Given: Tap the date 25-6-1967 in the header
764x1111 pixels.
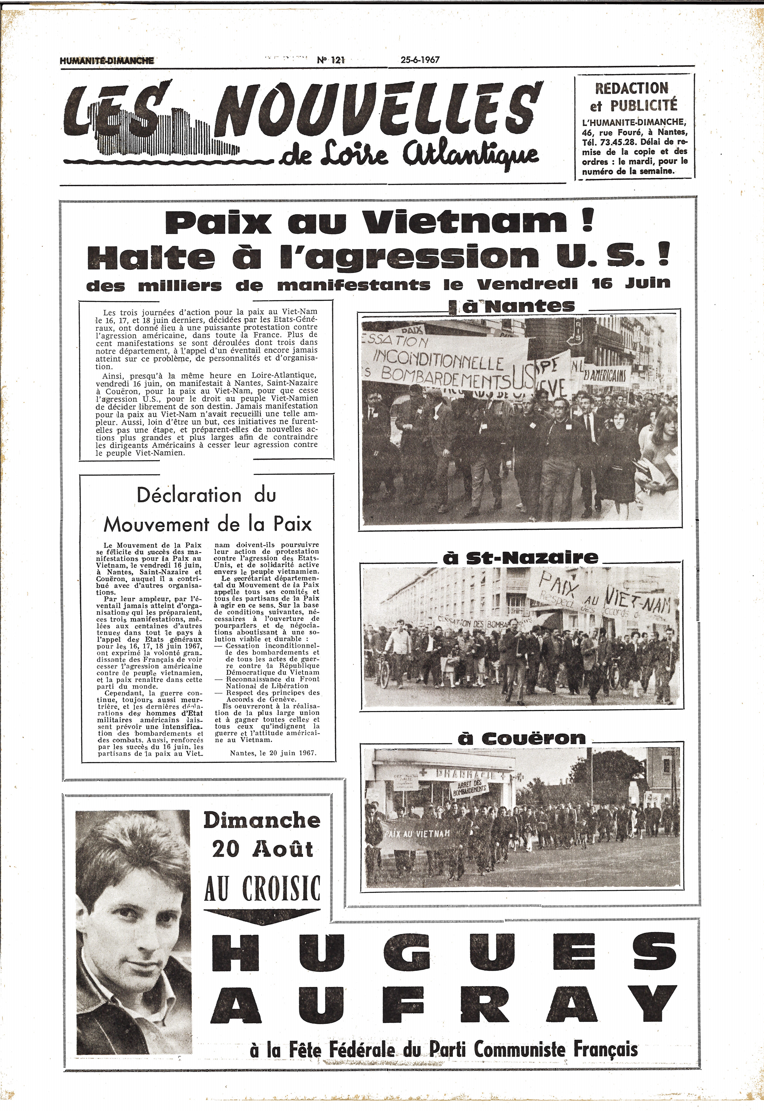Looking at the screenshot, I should click(x=420, y=60).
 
